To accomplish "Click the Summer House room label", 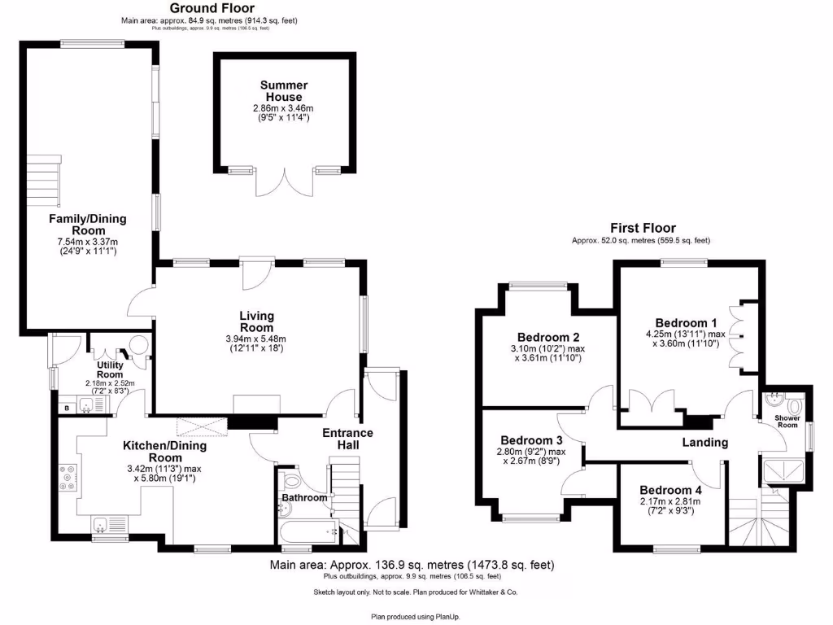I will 284,90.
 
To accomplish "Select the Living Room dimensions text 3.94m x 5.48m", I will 256,339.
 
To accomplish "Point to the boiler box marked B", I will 67,407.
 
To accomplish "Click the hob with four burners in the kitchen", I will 67,476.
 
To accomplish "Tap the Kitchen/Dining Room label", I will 164,451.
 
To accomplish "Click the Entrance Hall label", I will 347,439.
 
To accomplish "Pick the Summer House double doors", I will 284,183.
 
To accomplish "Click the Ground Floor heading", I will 206,8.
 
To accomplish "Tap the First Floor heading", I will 643,228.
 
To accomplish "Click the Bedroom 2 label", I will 548,338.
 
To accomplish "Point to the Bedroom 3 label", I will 531,440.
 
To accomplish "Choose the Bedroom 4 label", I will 670,490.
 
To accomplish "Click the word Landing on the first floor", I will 704,442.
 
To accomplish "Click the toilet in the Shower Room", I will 794,404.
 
